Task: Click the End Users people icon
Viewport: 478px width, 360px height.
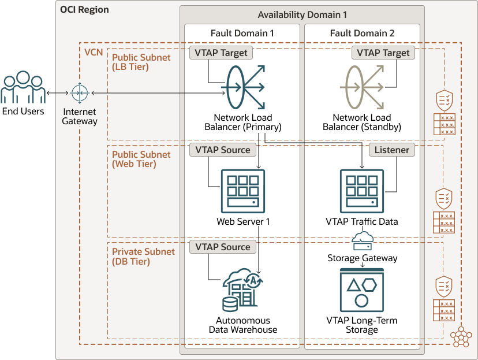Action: tap(23, 87)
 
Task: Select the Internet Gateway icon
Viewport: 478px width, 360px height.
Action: tap(79, 92)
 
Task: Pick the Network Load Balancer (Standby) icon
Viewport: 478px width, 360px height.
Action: tap(361, 87)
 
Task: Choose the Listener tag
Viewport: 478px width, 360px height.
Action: tap(392, 150)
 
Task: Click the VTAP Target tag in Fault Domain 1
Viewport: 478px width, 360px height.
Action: tap(221, 53)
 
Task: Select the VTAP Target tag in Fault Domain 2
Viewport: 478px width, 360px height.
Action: tap(383, 53)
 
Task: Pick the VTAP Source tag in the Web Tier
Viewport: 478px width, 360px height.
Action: tap(222, 150)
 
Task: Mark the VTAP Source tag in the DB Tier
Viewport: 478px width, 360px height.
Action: tap(222, 247)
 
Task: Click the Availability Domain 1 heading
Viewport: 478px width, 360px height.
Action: tap(302, 14)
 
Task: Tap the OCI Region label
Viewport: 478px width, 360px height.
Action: tap(84, 10)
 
